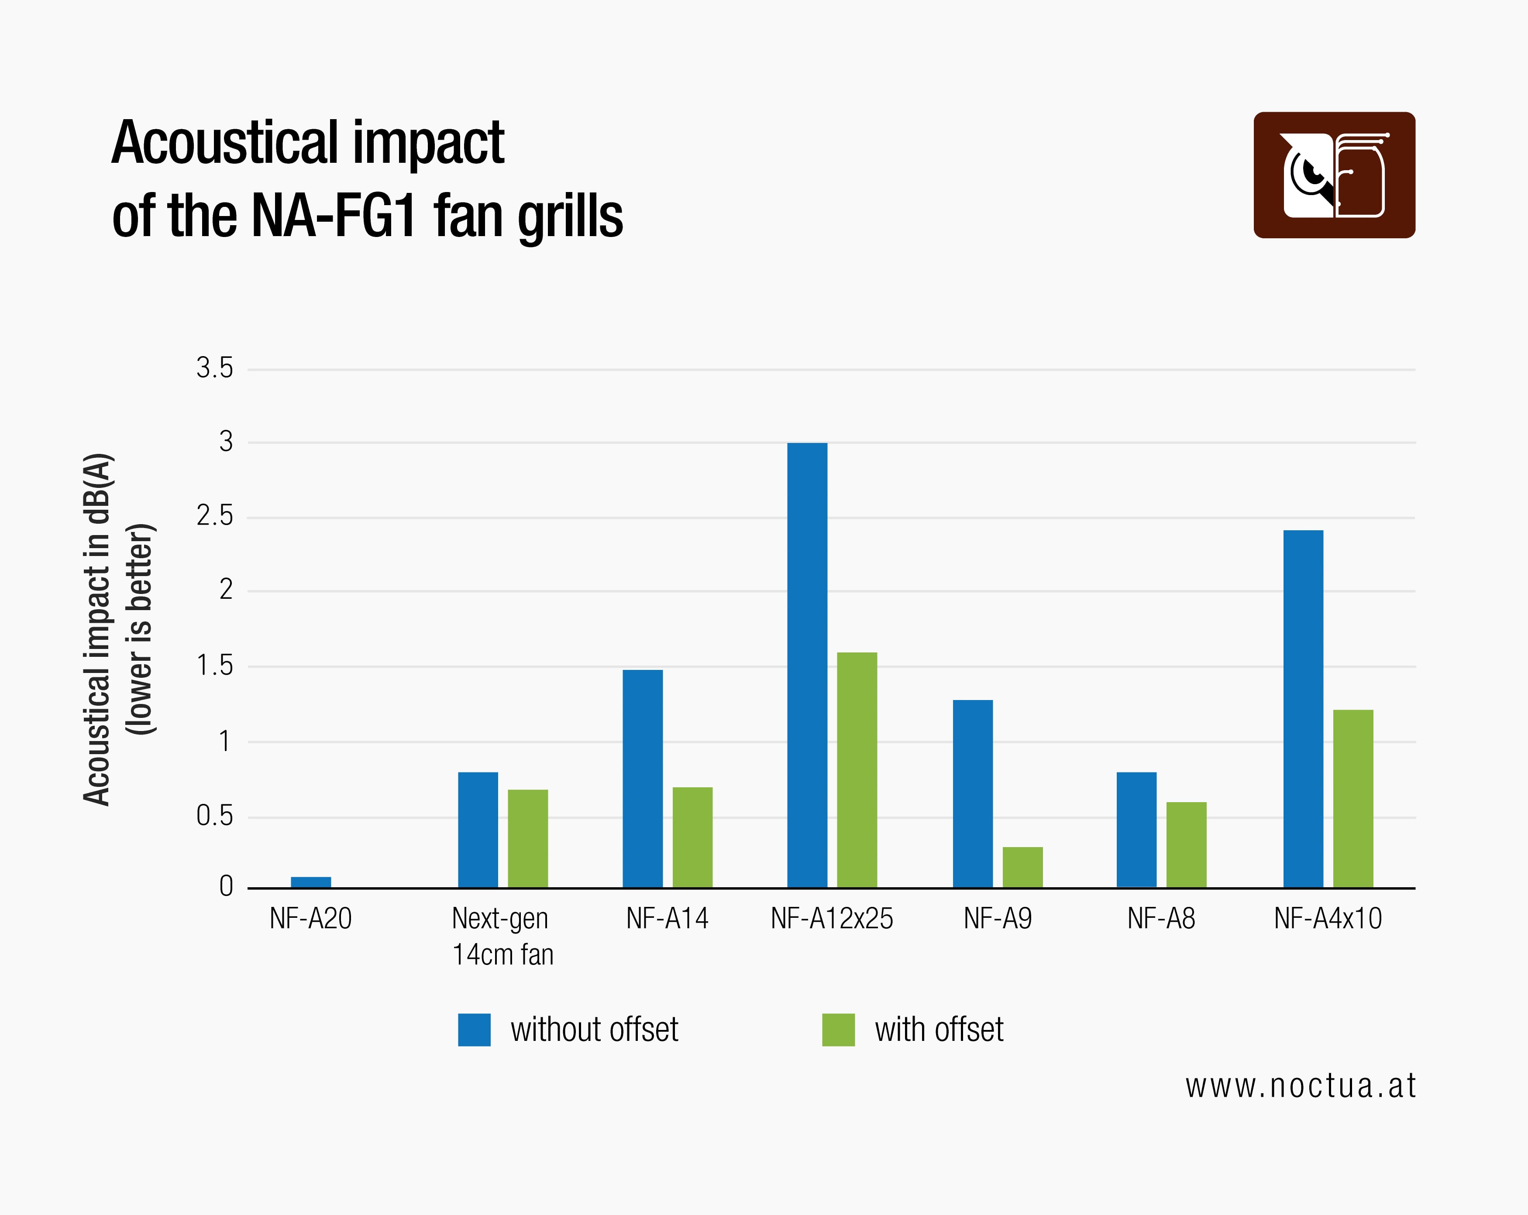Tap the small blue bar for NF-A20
tap(310, 882)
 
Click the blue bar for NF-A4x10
tap(1303, 708)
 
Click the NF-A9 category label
tap(997, 919)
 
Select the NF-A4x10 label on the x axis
tap(1328, 919)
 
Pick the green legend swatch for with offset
tap(838, 1030)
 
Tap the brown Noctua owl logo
tap(1334, 175)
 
